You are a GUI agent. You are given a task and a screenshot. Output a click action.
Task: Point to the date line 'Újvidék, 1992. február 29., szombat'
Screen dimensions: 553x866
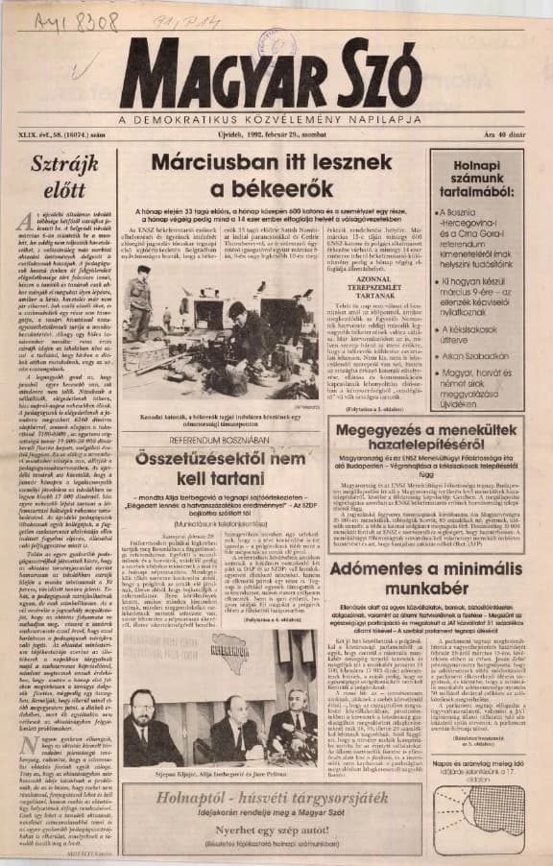click(276, 132)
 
